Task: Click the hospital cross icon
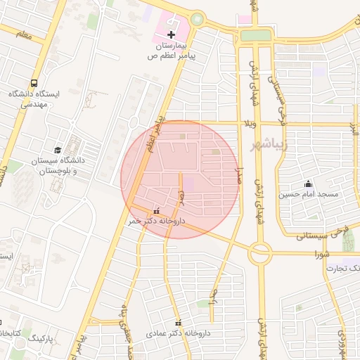[x=171, y=34]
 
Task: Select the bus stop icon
[x=34, y=83]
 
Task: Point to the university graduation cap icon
[x=57, y=149]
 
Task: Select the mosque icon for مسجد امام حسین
[x=308, y=184]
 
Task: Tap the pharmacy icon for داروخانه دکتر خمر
[x=156, y=210]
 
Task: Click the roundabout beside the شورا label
[x=259, y=252]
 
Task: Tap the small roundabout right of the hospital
[x=197, y=20]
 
